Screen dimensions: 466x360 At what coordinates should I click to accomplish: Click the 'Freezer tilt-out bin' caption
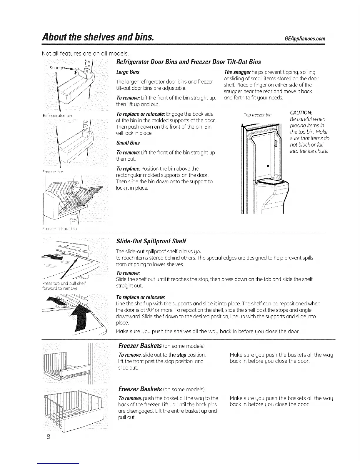pos(60,229)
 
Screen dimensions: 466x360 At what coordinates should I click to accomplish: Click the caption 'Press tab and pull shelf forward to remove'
pos(64,286)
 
